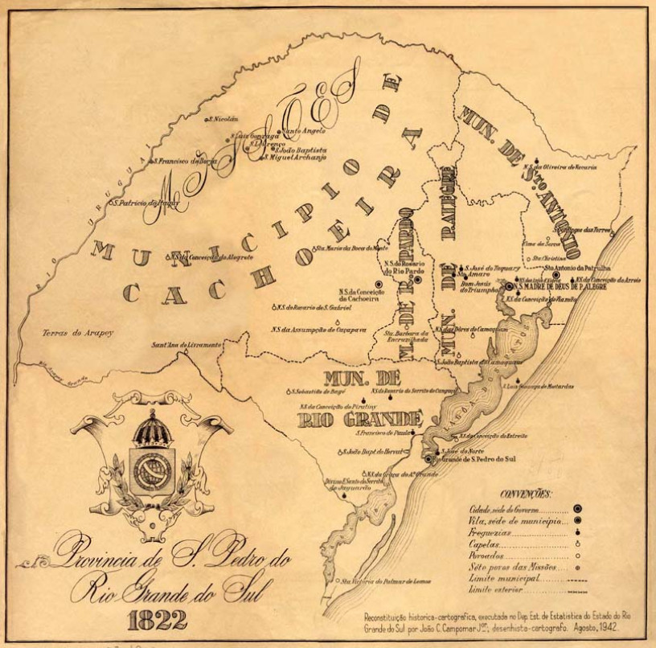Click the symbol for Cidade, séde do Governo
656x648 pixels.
click(x=577, y=509)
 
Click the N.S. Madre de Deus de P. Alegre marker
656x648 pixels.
click(x=509, y=285)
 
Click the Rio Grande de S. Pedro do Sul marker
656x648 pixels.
click(x=428, y=459)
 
